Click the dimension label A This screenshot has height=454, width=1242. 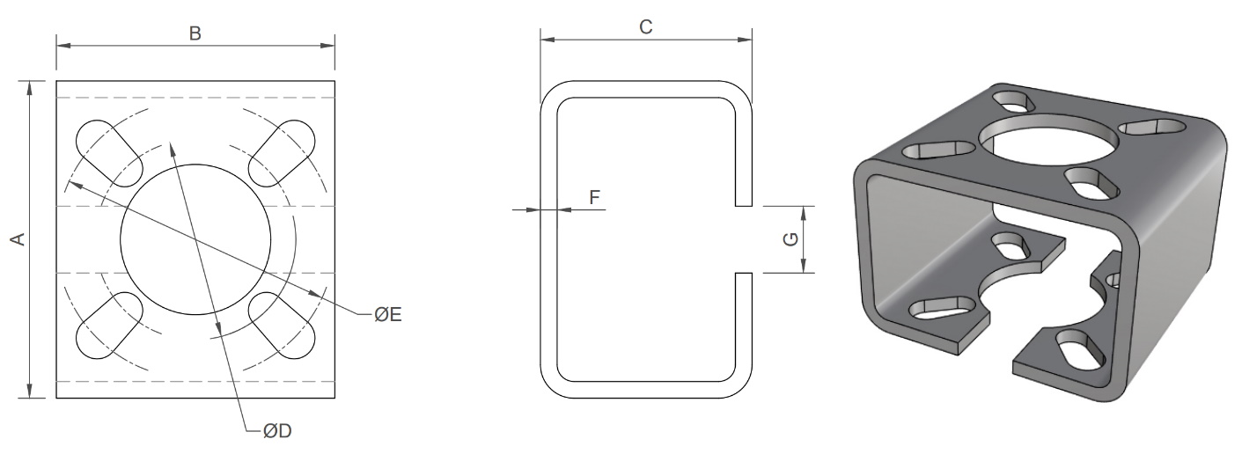16,239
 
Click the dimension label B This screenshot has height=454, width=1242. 195,33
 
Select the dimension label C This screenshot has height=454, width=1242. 645,27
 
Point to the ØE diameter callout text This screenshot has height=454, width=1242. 388,314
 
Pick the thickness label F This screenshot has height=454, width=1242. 594,197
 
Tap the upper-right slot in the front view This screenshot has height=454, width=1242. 283,149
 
